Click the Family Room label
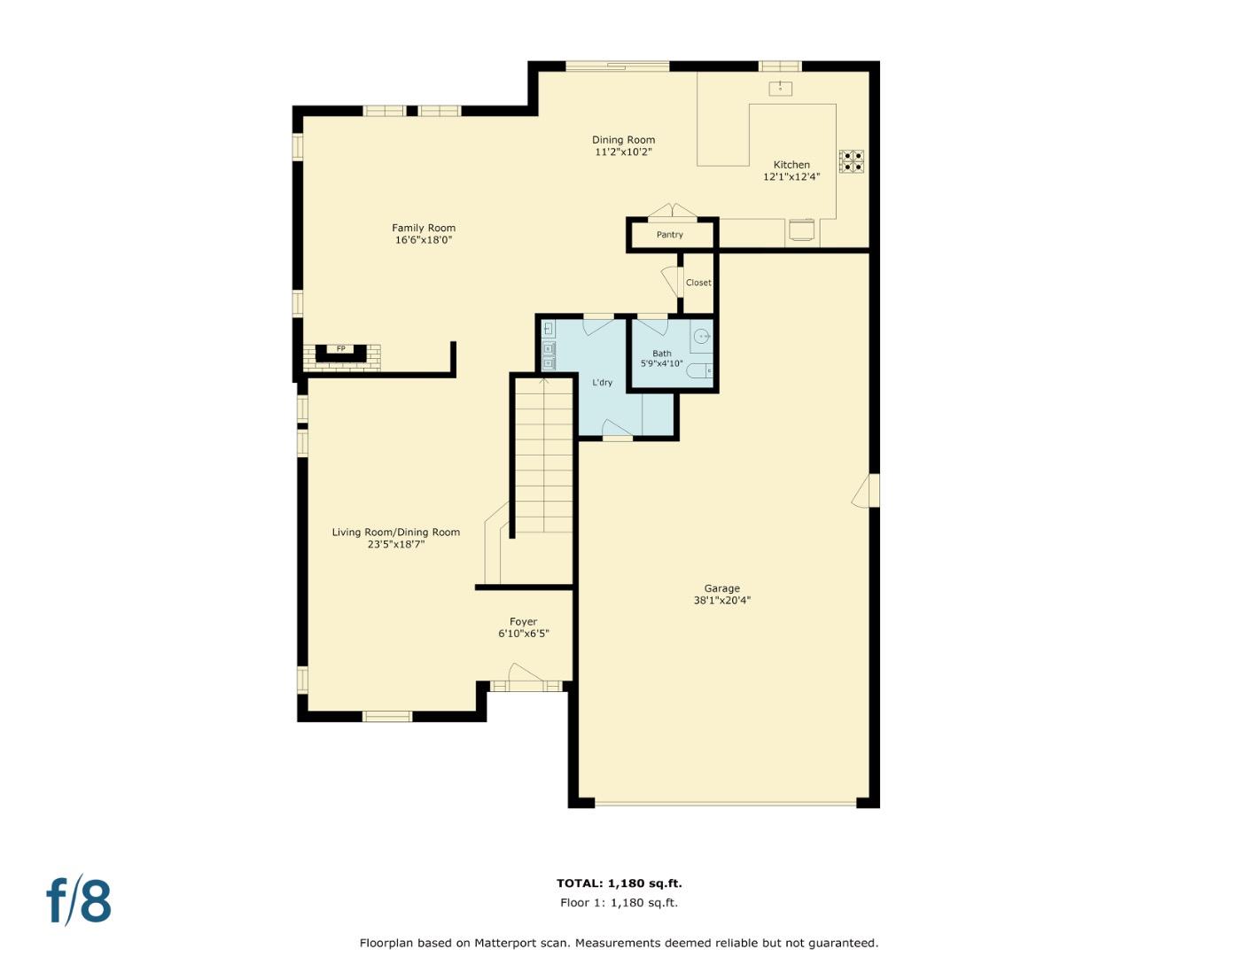click(424, 228)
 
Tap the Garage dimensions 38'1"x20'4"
click(721, 601)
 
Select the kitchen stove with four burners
click(851, 161)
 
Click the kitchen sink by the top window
click(780, 88)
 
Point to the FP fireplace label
click(340, 349)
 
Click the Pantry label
click(670, 235)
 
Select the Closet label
click(698, 283)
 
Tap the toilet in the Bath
click(700, 370)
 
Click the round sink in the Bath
click(701, 337)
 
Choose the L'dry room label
click(602, 383)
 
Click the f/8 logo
click(79, 901)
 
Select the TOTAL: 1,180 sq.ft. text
click(619, 883)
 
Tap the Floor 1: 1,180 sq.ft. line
click(619, 903)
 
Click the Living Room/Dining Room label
click(395, 533)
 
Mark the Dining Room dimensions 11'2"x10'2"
click(623, 152)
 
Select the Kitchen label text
click(791, 165)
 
